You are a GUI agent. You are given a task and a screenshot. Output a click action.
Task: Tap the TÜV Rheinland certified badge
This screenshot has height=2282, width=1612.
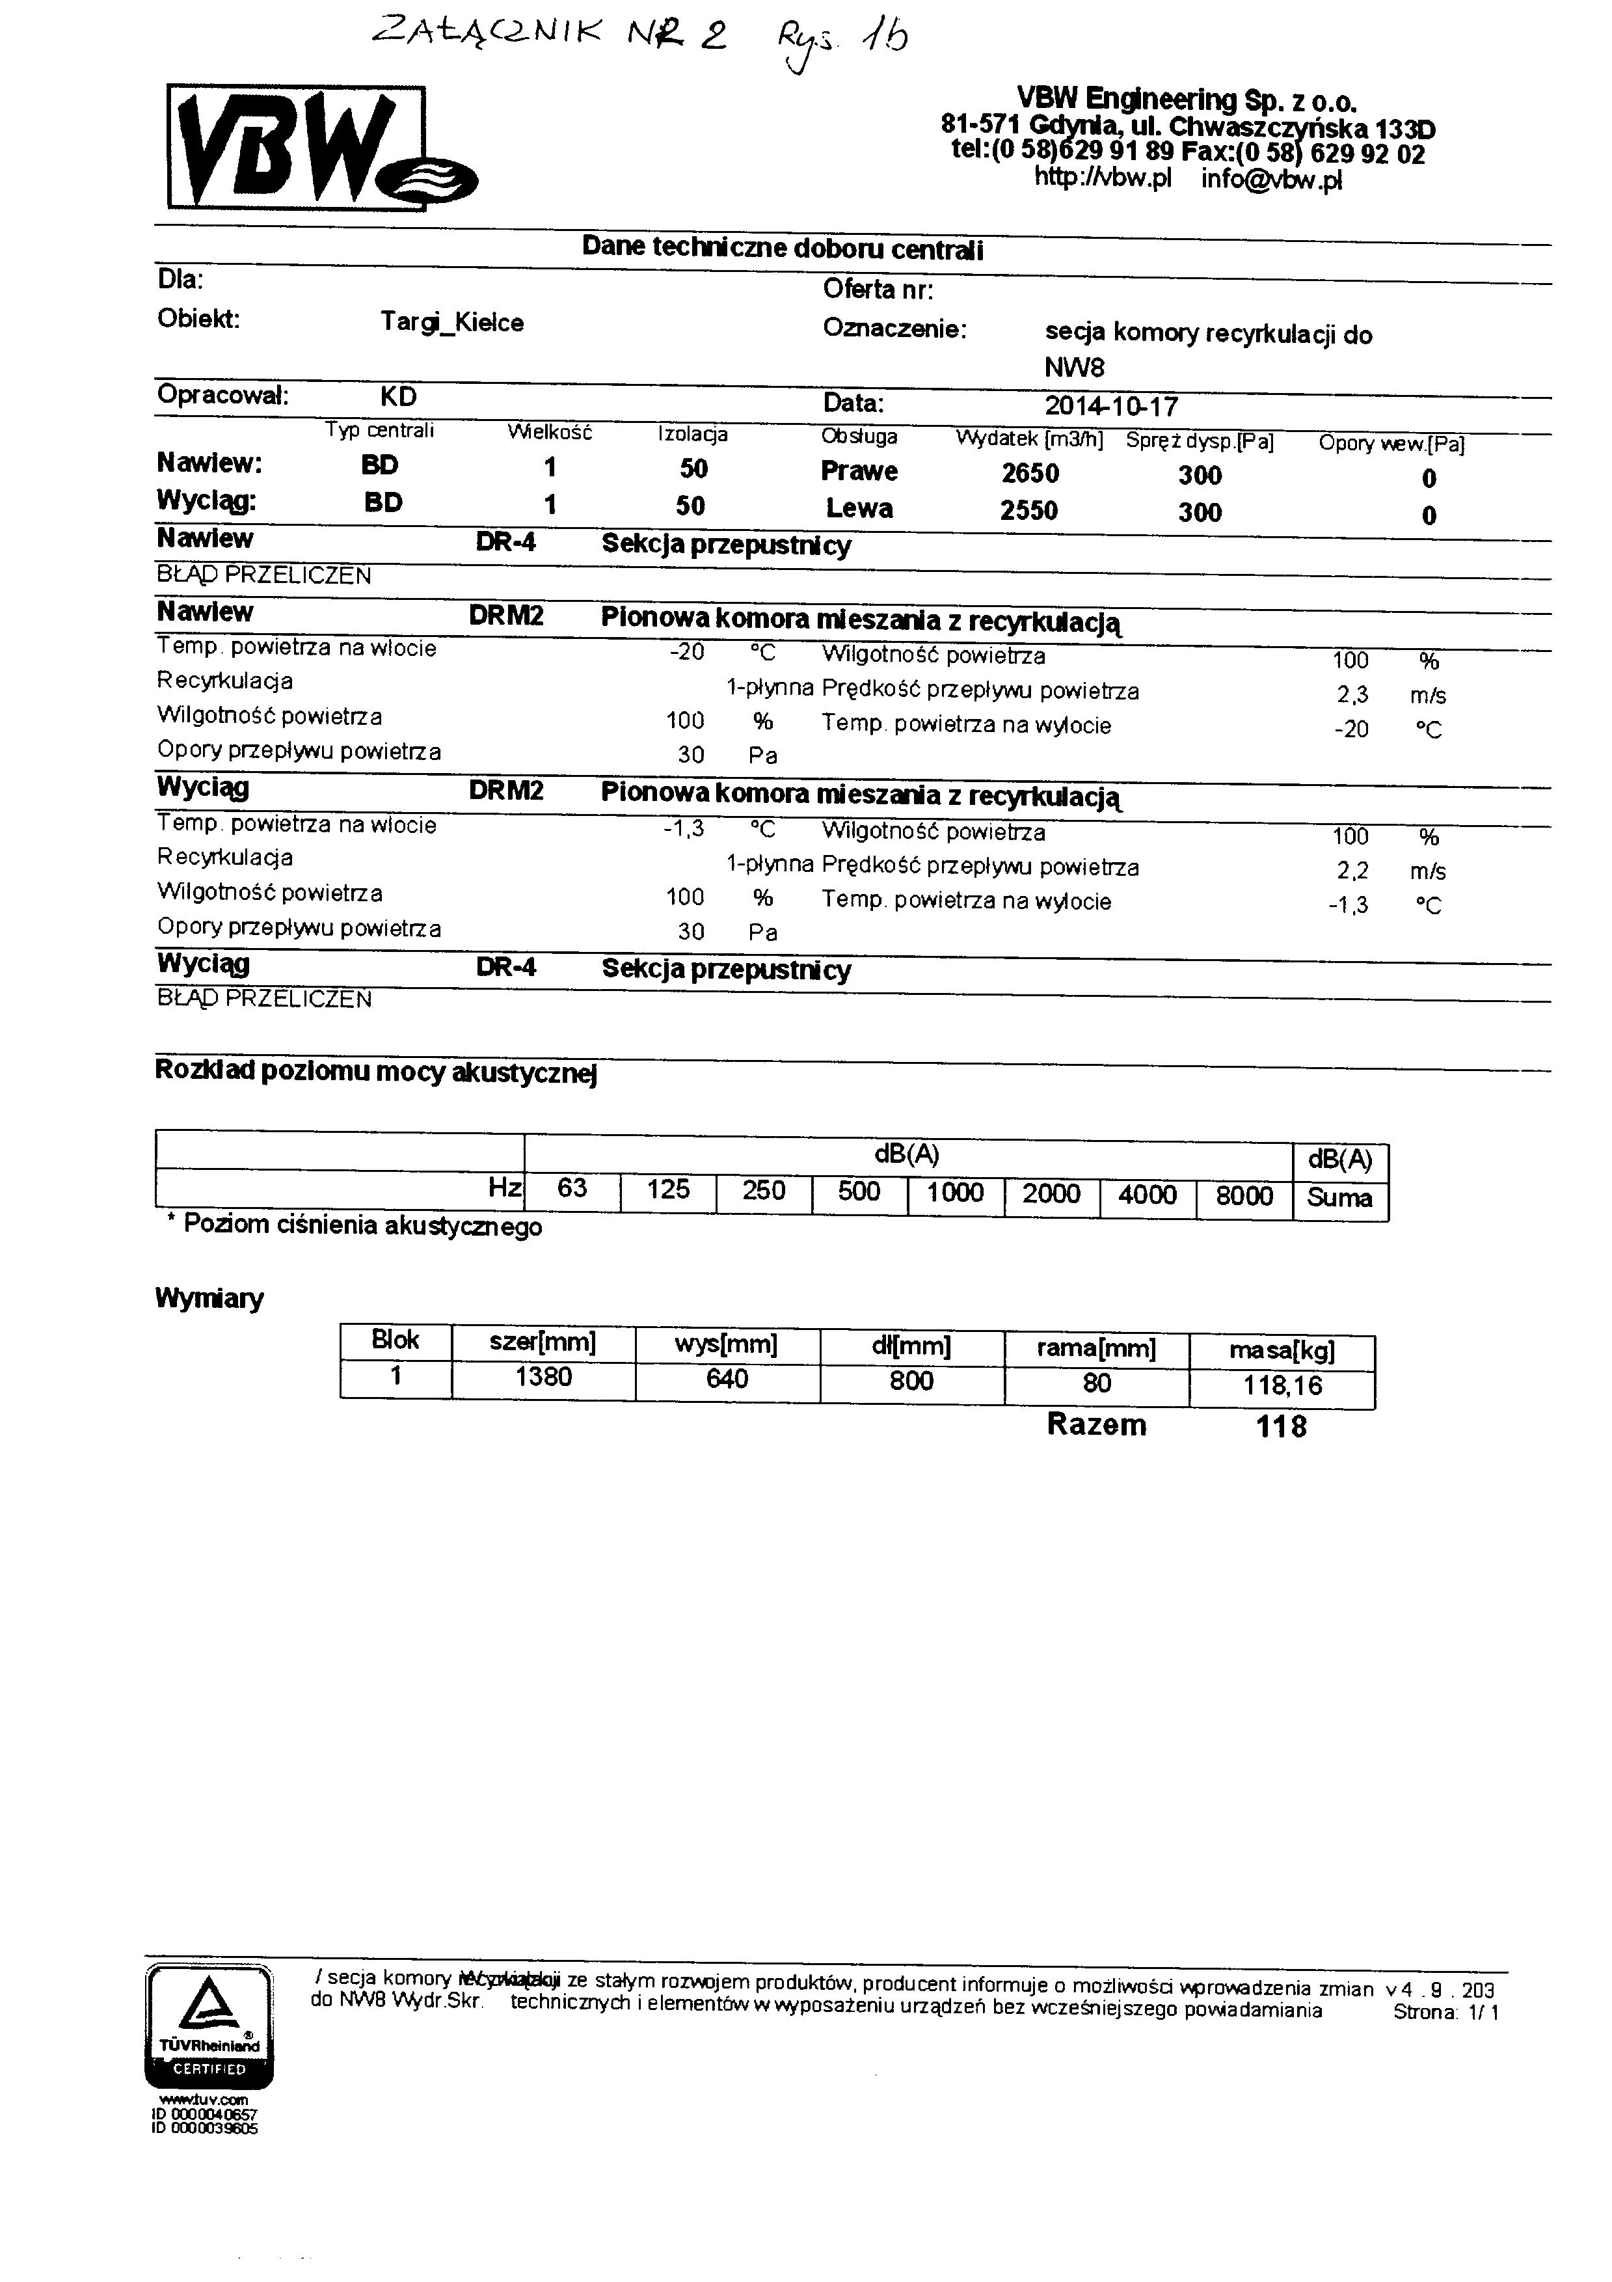pos(209,2028)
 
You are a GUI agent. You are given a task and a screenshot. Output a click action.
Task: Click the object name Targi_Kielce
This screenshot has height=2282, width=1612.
pos(451,323)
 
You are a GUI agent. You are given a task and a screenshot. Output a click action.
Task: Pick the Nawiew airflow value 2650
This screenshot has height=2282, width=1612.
pos(1030,473)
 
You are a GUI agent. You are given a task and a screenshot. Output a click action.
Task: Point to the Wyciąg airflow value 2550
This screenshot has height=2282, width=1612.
pos(1028,511)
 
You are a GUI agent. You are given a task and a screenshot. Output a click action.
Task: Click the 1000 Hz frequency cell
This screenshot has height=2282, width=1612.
pos(955,1193)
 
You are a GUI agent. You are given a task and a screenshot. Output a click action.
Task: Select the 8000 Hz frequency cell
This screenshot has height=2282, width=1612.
pos(1244,1196)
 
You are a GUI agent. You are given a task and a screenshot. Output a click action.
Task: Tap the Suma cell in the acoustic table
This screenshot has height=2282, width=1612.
pos(1339,1198)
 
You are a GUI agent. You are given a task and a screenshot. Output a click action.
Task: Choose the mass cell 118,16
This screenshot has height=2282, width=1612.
pos(1282,1385)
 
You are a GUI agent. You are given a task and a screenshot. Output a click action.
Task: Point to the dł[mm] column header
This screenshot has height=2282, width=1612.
pos(911,1347)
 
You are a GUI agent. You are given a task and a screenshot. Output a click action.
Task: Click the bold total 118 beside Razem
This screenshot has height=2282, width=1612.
pos(1281,1427)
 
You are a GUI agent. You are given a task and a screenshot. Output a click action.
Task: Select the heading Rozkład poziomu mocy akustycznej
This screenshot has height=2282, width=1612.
pos(375,1072)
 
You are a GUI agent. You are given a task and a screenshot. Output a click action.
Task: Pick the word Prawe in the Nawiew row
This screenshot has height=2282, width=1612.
pos(859,471)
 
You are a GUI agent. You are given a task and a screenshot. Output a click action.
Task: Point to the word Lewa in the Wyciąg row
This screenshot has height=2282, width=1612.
pos(859,509)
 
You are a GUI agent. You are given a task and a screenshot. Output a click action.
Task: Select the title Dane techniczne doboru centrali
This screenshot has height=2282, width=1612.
pos(782,249)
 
